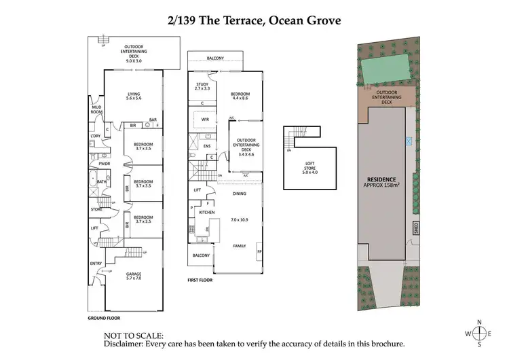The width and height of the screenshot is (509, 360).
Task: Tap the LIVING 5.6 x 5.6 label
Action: (133, 96)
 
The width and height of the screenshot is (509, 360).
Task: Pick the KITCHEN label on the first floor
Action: (206, 213)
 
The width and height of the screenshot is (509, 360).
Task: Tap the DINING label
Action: (240, 194)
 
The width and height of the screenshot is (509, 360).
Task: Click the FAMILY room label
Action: (240, 245)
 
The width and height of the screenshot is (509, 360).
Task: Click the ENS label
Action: (207, 146)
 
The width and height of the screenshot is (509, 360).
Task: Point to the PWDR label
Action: (105, 164)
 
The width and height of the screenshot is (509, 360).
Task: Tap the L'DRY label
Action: (95, 137)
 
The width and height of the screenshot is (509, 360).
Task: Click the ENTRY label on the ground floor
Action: (95, 263)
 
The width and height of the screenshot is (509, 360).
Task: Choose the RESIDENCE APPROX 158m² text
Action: (382, 181)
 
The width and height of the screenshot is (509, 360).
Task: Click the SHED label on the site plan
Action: (416, 228)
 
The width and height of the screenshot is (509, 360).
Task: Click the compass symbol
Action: (480, 333)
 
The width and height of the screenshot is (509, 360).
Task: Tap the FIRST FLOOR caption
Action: (201, 279)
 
